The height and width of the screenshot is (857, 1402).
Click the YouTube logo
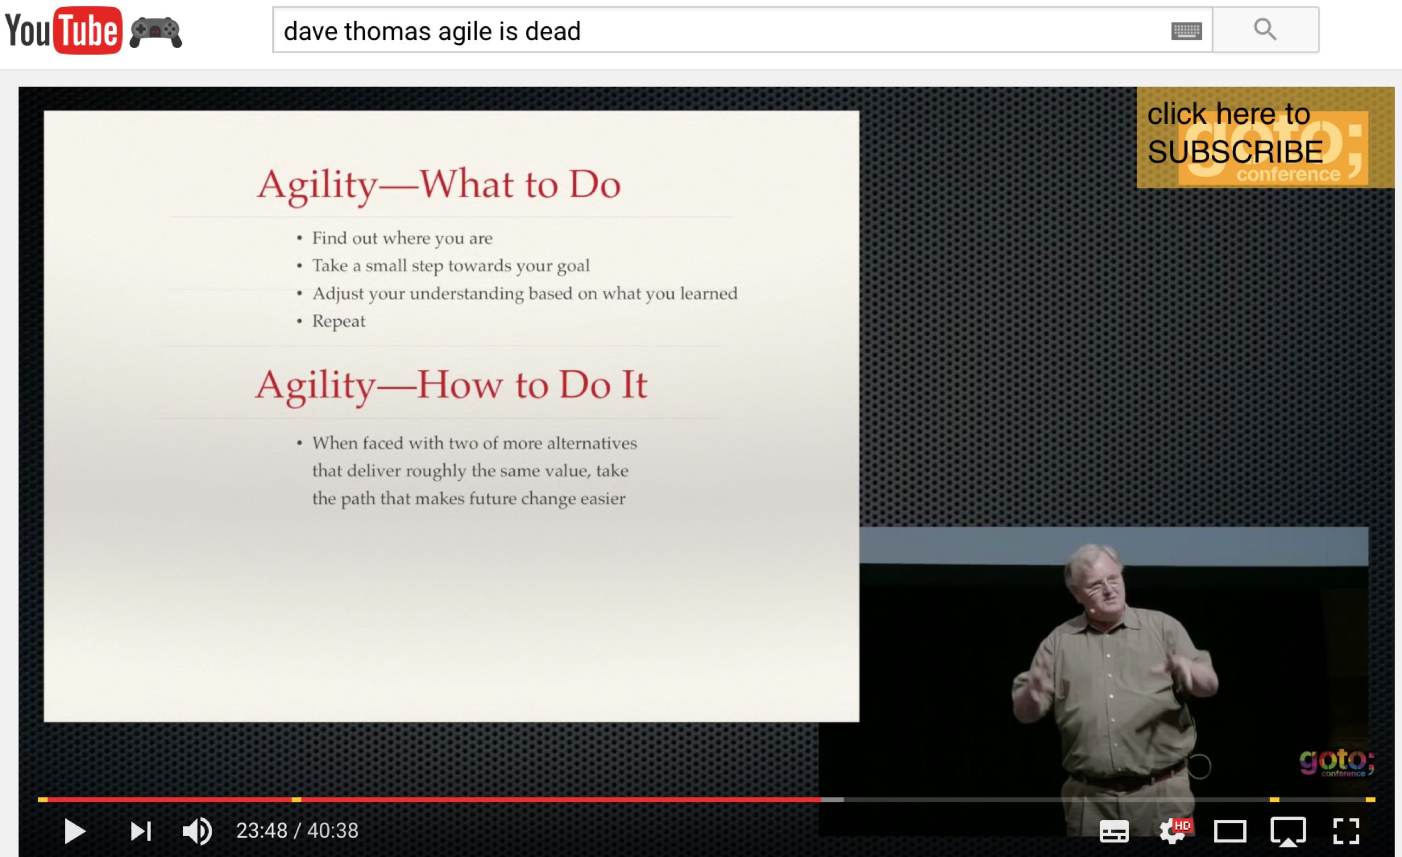(x=63, y=30)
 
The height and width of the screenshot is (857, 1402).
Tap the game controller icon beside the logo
(x=156, y=32)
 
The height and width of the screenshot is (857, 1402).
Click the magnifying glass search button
(x=1265, y=29)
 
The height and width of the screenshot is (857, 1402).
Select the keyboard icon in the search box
(x=1186, y=31)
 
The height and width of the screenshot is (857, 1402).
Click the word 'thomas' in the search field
(x=386, y=31)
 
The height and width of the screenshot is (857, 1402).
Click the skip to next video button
(x=141, y=831)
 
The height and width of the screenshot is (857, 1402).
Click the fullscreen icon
(x=1346, y=831)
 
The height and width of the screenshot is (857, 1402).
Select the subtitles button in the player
(x=1114, y=831)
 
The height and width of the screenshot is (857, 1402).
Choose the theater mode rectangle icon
(x=1230, y=831)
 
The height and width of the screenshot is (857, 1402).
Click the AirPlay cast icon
(x=1288, y=832)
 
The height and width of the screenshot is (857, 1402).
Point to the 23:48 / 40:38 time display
(x=297, y=831)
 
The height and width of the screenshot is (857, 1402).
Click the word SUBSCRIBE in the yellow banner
(x=1235, y=151)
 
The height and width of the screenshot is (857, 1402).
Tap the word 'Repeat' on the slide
(x=338, y=321)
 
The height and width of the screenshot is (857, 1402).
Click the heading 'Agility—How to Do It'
(x=451, y=386)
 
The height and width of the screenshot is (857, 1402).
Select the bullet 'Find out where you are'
(x=403, y=238)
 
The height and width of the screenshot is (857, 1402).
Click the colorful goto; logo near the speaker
(x=1337, y=762)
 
